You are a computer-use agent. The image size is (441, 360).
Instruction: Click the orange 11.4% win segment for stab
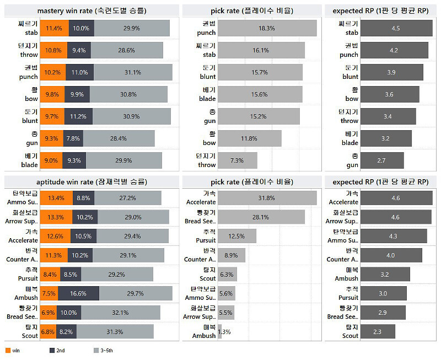(54, 28)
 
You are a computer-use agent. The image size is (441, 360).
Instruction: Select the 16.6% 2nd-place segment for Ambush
(78, 293)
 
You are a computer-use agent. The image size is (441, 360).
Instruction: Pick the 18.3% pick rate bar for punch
(267, 28)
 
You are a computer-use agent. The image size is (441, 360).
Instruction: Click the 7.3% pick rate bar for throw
(237, 160)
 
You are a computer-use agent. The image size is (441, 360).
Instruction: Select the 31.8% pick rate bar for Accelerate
(267, 198)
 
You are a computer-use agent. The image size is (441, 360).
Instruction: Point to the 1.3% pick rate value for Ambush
(224, 332)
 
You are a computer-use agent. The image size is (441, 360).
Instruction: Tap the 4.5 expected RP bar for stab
(396, 28)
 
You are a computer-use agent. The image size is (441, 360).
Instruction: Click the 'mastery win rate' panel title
(92, 10)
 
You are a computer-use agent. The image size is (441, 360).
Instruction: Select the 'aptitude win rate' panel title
(92, 181)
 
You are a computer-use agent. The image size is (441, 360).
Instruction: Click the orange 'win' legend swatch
(8, 350)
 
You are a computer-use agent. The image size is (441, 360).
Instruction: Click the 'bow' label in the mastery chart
(31, 99)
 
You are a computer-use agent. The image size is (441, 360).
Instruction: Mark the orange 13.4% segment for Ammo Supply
(56, 198)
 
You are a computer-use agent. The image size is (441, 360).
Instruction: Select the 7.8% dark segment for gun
(72, 138)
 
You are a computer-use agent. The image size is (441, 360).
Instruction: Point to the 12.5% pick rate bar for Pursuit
(237, 237)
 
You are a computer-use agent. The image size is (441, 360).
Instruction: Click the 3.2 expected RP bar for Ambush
(385, 274)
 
